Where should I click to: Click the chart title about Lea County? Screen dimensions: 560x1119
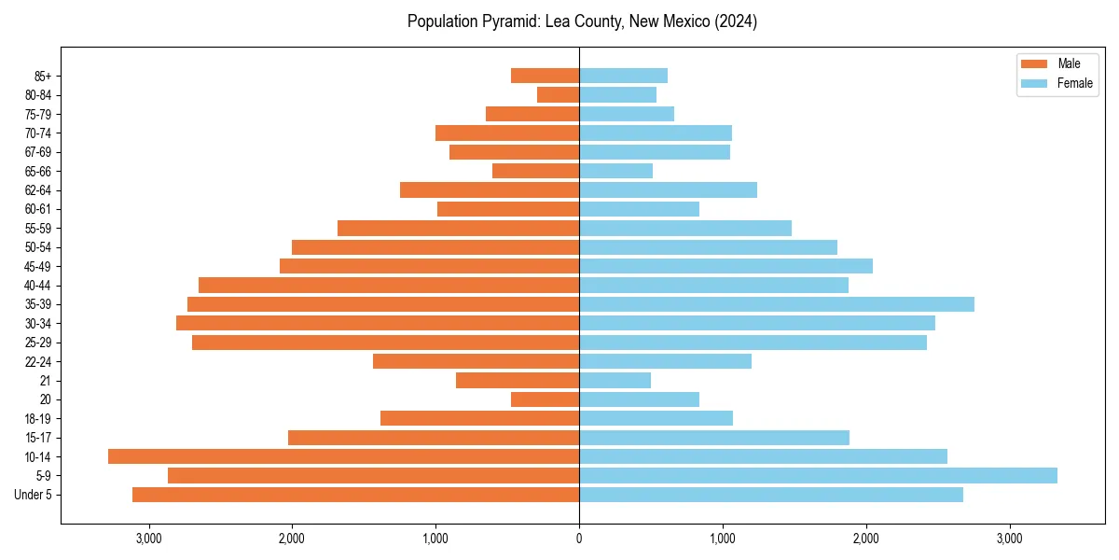pyautogui.click(x=582, y=21)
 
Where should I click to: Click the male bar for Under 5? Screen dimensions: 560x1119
pyautogui.click(x=355, y=495)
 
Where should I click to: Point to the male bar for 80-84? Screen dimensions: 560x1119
pyautogui.click(x=558, y=94)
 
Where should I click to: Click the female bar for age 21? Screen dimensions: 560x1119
pyautogui.click(x=615, y=380)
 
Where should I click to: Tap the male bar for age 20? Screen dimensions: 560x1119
pyautogui.click(x=545, y=399)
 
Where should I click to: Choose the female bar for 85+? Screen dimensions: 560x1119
pyautogui.click(x=623, y=76)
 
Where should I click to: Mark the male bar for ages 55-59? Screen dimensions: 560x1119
pyautogui.click(x=458, y=228)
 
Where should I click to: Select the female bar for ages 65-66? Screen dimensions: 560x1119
pyautogui.click(x=615, y=171)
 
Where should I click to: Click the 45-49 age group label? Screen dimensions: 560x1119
pyautogui.click(x=38, y=266)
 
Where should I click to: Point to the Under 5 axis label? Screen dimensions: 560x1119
pyautogui.click(x=33, y=495)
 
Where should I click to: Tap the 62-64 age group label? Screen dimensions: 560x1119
pyautogui.click(x=38, y=190)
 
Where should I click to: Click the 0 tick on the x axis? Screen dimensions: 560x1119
pyautogui.click(x=579, y=539)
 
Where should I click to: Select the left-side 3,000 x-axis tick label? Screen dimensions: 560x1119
pyautogui.click(x=148, y=539)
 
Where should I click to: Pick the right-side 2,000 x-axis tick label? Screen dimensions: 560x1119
pyautogui.click(x=866, y=539)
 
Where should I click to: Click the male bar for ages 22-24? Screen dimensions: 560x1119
pyautogui.click(x=476, y=361)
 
